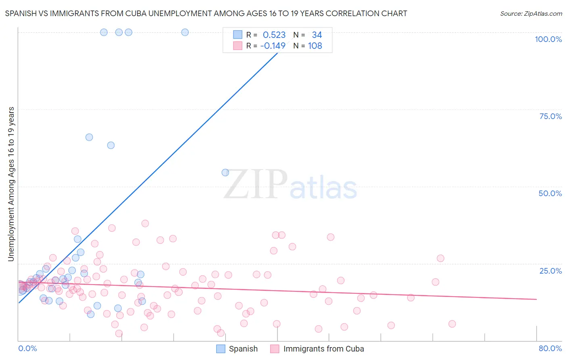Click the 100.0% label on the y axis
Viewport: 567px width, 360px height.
548,39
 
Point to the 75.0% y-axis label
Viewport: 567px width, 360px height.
550,116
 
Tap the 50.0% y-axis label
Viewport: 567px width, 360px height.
550,193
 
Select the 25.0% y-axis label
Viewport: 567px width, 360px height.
550,271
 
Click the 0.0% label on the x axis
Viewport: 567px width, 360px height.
27,348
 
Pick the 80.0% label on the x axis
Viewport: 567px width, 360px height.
550,348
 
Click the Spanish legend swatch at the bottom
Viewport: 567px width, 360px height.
221,349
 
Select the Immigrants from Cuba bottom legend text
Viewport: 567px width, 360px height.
323,349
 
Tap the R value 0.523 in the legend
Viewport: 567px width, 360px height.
274,35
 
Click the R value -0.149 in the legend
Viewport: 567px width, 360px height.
273,46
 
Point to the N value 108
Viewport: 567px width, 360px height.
315,46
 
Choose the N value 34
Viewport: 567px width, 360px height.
317,35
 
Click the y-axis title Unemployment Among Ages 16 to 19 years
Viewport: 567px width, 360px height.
11,184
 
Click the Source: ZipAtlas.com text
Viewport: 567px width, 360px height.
531,13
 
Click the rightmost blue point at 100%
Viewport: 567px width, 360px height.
185,32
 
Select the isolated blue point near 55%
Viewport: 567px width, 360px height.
225,173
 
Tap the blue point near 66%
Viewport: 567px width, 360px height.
89,137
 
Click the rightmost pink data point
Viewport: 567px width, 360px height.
452,324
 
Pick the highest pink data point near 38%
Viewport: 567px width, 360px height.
145,223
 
